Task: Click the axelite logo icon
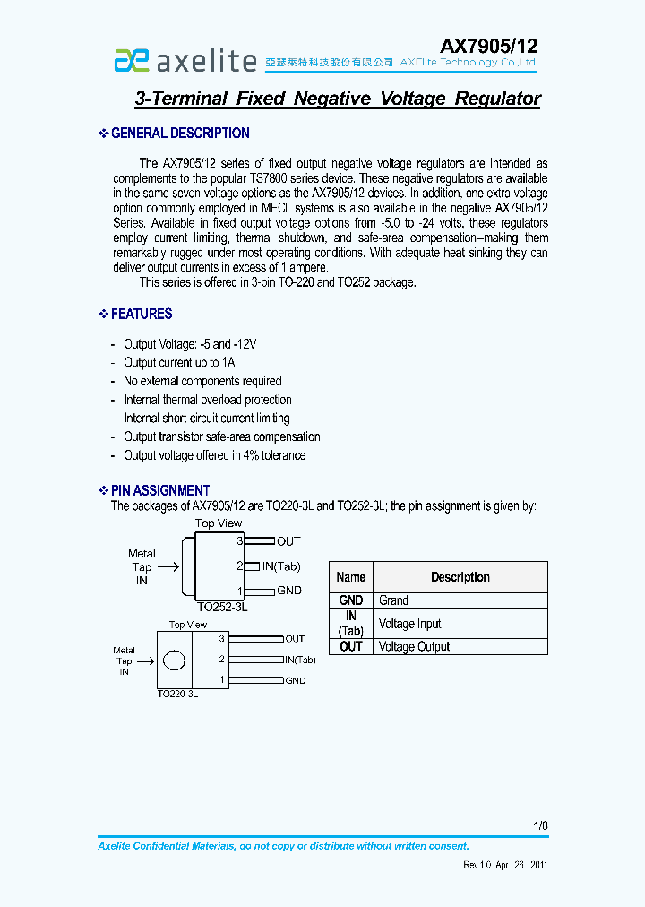[130, 60]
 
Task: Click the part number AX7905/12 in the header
[488, 47]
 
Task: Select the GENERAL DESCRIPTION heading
[180, 134]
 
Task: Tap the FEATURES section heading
[142, 314]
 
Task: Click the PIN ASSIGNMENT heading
[160, 490]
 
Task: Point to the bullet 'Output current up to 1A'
[179, 363]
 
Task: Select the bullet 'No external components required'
[202, 381]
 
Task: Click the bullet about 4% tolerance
[214, 455]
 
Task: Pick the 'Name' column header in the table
[351, 577]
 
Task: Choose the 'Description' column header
[460, 577]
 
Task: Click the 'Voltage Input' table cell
[410, 624]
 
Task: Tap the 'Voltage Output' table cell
[415, 646]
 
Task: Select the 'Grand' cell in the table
[393, 600]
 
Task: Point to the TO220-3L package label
[177, 694]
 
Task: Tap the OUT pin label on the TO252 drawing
[288, 541]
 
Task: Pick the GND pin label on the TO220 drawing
[296, 681]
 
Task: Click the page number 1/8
[540, 825]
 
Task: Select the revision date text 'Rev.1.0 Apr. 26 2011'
[505, 866]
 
